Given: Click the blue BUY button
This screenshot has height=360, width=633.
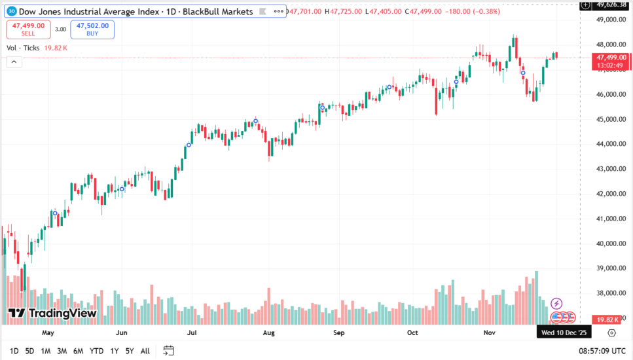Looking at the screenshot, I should pyautogui.click(x=92, y=29).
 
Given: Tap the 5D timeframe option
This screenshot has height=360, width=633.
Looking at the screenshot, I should pyautogui.click(x=29, y=351).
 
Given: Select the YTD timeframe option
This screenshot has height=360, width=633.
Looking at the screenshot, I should pyautogui.click(x=96, y=351).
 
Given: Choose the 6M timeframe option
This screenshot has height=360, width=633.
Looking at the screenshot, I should pyautogui.click(x=78, y=351).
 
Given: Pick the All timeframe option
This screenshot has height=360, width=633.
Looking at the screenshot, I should pyautogui.click(x=145, y=351).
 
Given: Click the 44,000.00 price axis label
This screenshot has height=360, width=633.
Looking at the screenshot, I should pyautogui.click(x=605, y=144).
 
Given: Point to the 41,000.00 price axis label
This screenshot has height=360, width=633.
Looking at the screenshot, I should pyautogui.click(x=605, y=219).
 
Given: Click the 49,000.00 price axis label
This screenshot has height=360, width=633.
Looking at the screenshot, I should pyautogui.click(x=605, y=20).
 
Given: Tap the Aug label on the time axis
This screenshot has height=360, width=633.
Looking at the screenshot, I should pyautogui.click(x=268, y=333).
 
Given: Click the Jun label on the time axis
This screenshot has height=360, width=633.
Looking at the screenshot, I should pyautogui.click(x=121, y=333).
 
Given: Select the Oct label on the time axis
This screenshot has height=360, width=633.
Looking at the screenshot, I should pyautogui.click(x=412, y=333).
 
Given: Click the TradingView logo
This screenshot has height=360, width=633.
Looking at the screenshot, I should pyautogui.click(x=52, y=313).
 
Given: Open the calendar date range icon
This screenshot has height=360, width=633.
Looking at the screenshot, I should pyautogui.click(x=168, y=351).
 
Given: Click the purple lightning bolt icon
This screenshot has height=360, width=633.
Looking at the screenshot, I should pyautogui.click(x=556, y=304).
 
